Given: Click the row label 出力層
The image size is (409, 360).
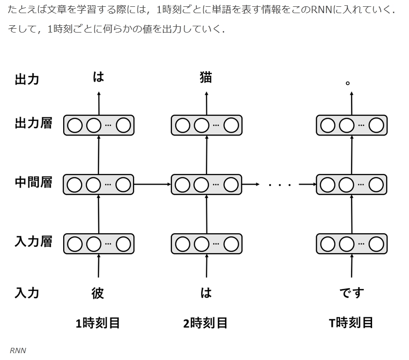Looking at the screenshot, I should (x=33, y=124).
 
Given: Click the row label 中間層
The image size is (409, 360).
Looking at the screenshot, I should (x=33, y=184).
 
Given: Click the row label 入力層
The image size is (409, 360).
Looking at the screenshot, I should (x=33, y=242).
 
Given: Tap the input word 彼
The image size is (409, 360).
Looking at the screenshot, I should (x=98, y=293).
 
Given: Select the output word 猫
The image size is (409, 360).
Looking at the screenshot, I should (x=206, y=78).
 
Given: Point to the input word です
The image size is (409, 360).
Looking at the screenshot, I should (x=351, y=293).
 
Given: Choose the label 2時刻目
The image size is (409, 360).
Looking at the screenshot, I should (x=205, y=323).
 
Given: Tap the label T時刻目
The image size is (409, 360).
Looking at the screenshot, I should (x=351, y=323).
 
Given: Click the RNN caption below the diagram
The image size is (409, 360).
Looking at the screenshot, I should (x=18, y=350).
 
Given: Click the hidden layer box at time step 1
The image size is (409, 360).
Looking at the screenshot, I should (x=99, y=185).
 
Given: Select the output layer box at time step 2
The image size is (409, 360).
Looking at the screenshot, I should (x=206, y=125).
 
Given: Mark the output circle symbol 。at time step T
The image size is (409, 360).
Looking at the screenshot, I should (x=348, y=83).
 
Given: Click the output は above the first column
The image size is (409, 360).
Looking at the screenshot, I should (x=99, y=77).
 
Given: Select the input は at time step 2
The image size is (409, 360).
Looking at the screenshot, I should (x=206, y=293).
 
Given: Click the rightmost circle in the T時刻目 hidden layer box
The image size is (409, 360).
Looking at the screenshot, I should (x=376, y=185).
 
